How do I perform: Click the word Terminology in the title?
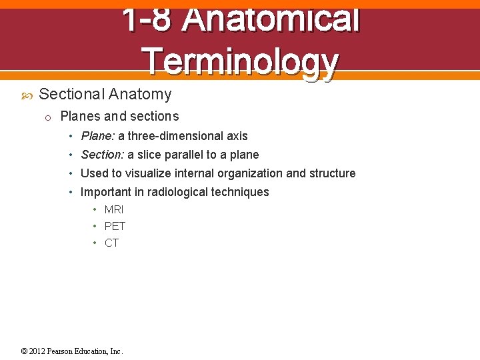coord(240,61)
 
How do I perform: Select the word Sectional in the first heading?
coord(71,95)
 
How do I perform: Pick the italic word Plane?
coord(97,136)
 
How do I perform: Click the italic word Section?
coord(102,155)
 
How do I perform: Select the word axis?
coord(237,136)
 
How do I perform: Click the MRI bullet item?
coord(114,209)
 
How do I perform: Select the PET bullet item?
coord(115,226)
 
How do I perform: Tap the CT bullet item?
coord(111,243)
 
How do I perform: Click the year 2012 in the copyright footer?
coord(37,351)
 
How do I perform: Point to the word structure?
coord(332,173)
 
